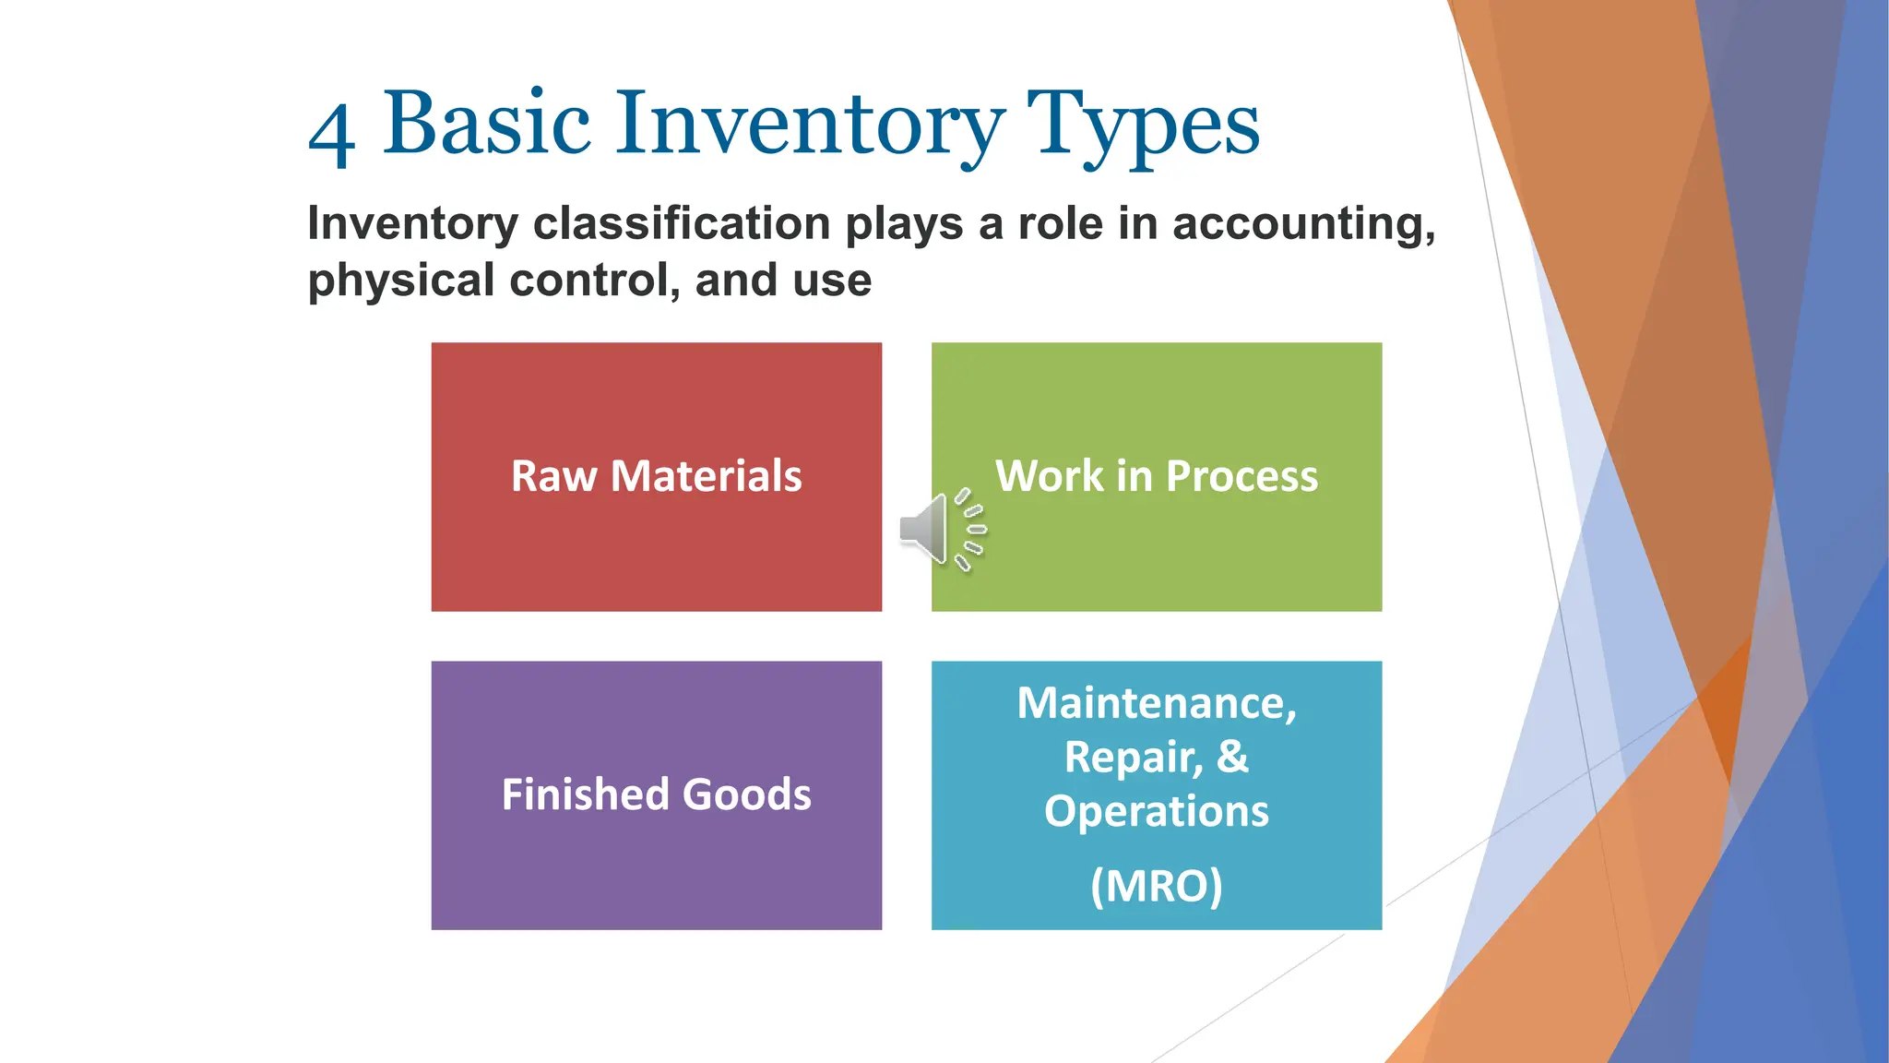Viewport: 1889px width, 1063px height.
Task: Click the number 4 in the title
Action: tap(332, 135)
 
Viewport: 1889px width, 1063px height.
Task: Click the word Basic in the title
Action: tap(486, 124)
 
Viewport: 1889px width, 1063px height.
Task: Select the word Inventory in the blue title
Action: tap(810, 125)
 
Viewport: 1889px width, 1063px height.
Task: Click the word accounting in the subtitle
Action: tap(1303, 224)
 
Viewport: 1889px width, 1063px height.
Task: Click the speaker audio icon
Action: tap(942, 530)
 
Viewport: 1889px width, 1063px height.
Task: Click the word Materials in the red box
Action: tap(706, 477)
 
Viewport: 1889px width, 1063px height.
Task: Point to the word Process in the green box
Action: tap(1242, 477)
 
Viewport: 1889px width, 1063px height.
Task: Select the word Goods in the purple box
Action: tap(746, 794)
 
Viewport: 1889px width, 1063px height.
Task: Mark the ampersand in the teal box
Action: tap(1232, 757)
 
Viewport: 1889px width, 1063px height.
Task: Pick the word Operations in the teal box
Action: tap(1156, 812)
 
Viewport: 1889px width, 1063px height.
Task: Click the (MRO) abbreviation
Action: tap(1156, 886)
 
